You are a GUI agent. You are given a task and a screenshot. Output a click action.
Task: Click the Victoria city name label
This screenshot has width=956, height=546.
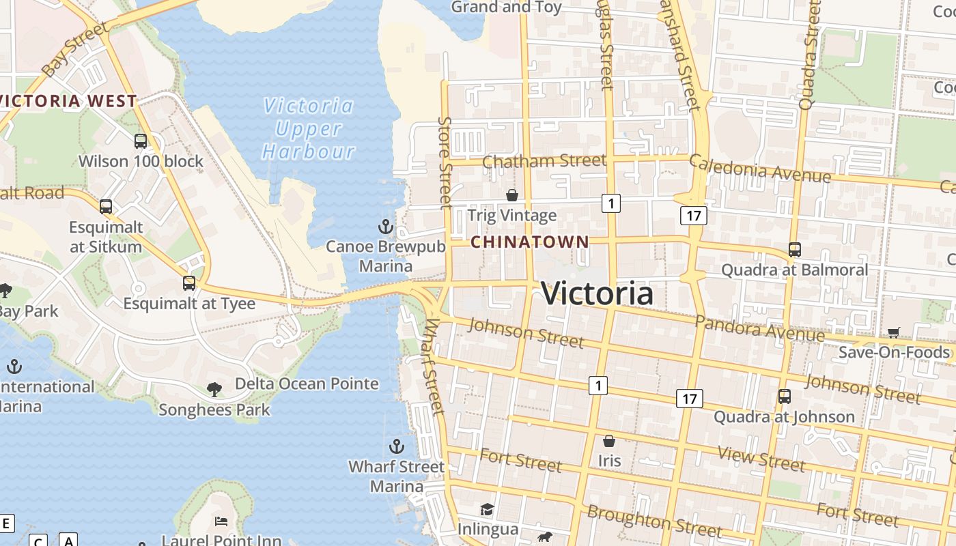pyautogui.click(x=597, y=293)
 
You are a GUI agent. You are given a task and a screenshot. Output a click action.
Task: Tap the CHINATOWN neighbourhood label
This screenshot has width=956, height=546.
pyautogui.click(x=530, y=242)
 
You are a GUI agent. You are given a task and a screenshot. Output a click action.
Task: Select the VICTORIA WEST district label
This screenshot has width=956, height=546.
pyautogui.click(x=68, y=101)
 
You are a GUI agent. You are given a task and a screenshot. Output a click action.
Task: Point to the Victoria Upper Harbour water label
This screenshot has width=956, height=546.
pyautogui.click(x=309, y=128)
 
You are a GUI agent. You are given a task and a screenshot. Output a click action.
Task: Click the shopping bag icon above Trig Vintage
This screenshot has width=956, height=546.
pyautogui.click(x=512, y=196)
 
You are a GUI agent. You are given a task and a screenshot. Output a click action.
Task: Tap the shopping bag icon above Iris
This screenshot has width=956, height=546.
pyautogui.click(x=609, y=441)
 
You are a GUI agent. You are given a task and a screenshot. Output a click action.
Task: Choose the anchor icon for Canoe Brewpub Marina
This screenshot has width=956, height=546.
pyautogui.click(x=386, y=226)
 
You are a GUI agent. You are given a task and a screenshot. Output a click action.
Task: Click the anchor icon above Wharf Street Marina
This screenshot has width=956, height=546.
pyautogui.click(x=397, y=446)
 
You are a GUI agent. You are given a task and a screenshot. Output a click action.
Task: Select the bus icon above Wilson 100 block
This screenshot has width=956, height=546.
pyautogui.click(x=141, y=141)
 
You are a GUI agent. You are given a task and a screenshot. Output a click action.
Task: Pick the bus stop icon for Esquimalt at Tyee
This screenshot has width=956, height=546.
pyautogui.click(x=189, y=283)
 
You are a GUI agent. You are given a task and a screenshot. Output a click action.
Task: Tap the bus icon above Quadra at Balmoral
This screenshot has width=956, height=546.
pyautogui.click(x=794, y=250)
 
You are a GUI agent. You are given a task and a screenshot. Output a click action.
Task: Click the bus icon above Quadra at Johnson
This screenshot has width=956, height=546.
pyautogui.click(x=785, y=397)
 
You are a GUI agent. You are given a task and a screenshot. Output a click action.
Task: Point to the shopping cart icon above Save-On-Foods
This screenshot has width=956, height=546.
pyautogui.click(x=894, y=332)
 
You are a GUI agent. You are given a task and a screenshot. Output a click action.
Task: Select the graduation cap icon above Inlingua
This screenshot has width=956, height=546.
pyautogui.click(x=487, y=509)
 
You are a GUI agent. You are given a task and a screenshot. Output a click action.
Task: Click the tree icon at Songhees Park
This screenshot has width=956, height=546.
pyautogui.click(x=214, y=390)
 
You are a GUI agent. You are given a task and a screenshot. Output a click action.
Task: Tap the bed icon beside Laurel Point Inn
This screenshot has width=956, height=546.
pyautogui.click(x=221, y=521)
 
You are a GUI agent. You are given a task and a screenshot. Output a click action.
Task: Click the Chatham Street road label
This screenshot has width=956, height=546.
pyautogui.click(x=544, y=161)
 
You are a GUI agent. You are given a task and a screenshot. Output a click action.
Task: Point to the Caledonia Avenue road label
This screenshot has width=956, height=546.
pyautogui.click(x=759, y=169)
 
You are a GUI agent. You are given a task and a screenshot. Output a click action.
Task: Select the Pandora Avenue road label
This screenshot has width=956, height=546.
pyautogui.click(x=759, y=328)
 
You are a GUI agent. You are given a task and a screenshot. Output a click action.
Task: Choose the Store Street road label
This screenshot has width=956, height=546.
pyautogui.click(x=445, y=162)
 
